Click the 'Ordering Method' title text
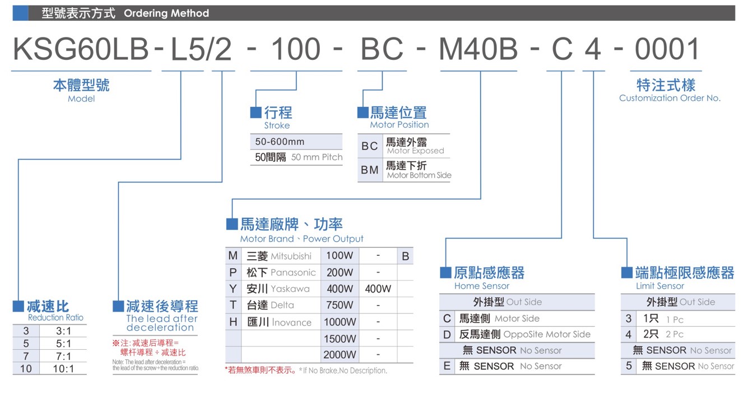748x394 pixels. pos(166,13)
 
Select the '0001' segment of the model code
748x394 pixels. pos(667,49)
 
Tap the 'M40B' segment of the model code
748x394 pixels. pos(478,49)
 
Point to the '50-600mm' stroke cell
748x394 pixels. pos(280,142)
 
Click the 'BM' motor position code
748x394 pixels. pos(370,170)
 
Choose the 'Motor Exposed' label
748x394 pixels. pos(415,151)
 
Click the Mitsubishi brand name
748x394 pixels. pos(291,256)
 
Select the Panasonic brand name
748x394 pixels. pos(293,273)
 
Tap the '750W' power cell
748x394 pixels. pos(340,305)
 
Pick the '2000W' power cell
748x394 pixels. pos(340,354)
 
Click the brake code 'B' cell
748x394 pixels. pos(406,256)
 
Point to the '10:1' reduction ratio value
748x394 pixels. pos(63,369)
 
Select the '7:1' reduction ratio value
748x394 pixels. pos(63,357)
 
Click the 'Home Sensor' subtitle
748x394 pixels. pos(481,286)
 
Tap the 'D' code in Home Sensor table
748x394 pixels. pos(447,334)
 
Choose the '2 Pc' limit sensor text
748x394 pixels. pos(675,334)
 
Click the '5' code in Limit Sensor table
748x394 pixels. pos(629,366)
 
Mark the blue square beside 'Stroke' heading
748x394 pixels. pos(256,112)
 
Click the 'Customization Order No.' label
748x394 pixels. pos(670,98)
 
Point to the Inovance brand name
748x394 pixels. pos(291,322)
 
